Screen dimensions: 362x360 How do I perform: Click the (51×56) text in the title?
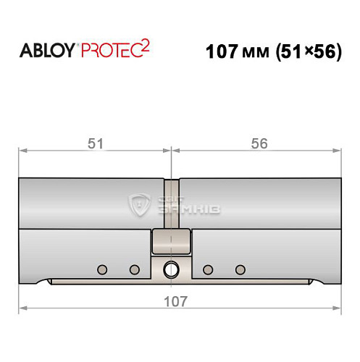coord(304,53)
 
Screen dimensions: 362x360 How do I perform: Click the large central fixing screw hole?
coord(171,269)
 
